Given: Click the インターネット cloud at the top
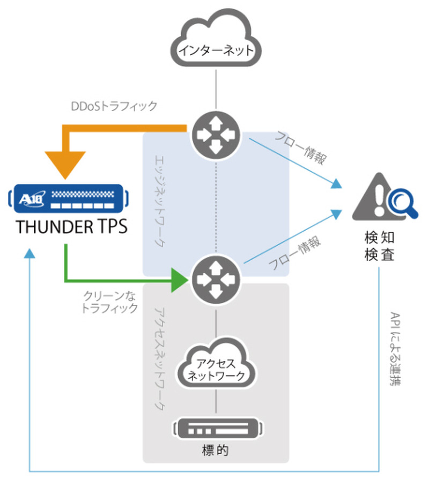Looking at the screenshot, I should (x=216, y=42).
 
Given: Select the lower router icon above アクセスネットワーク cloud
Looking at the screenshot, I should (x=216, y=278).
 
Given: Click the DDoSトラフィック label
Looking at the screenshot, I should (x=114, y=106).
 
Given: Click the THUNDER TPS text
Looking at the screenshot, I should (x=72, y=227).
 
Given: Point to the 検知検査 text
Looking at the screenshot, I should (x=380, y=246).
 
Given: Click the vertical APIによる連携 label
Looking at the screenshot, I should (x=396, y=349).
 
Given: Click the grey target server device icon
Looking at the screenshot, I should (x=218, y=429).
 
